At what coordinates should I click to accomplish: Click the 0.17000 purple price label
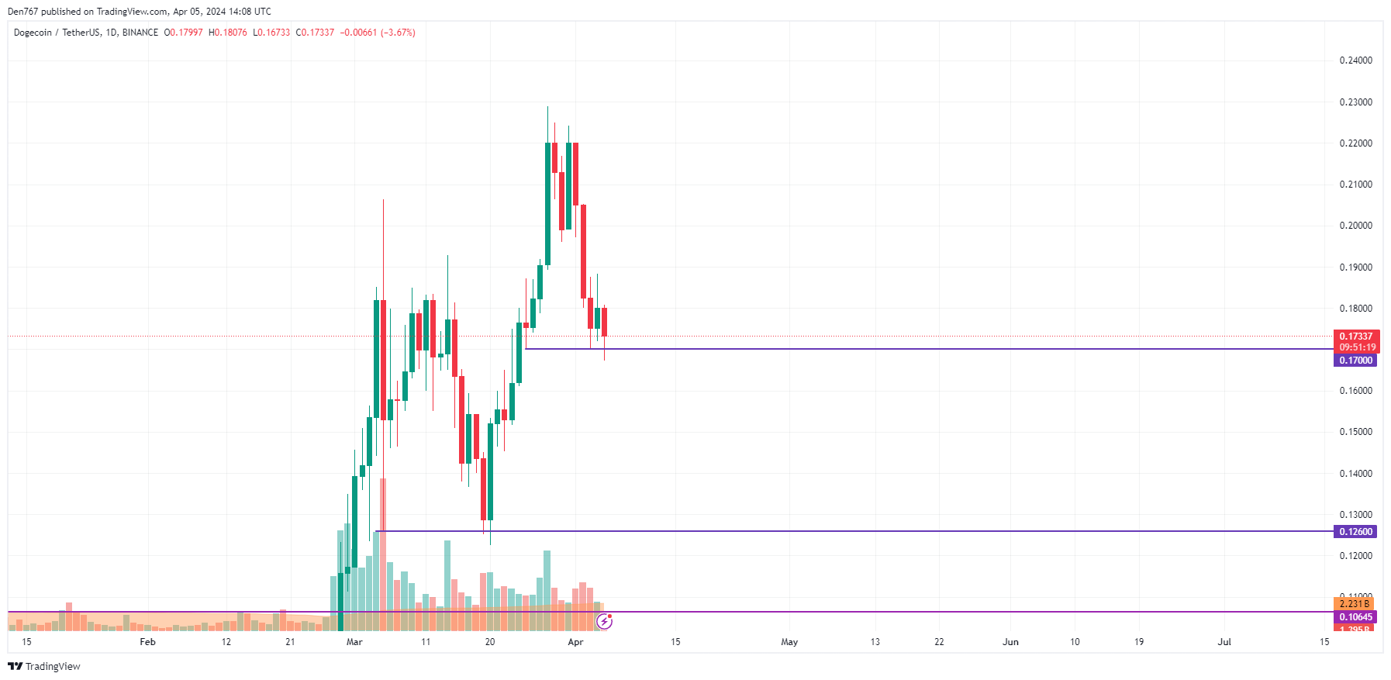(1355, 361)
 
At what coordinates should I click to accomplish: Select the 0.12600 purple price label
(1355, 532)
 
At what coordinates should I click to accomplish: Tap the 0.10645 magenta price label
(1355, 617)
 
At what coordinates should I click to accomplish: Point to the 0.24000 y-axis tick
(1355, 60)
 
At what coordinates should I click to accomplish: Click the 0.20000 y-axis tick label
(1355, 226)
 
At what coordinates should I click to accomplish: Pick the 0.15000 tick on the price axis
(1355, 432)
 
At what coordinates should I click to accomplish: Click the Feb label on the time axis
(147, 642)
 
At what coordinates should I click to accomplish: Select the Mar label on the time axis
(354, 642)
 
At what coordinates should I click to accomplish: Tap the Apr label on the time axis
(575, 642)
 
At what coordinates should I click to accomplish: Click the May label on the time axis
(789, 642)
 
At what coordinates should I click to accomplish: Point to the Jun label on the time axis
(1010, 642)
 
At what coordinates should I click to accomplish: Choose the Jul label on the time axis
(1224, 642)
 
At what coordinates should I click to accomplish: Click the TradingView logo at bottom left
(44, 666)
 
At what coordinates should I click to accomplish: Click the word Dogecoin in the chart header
(33, 33)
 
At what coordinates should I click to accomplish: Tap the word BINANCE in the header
(140, 33)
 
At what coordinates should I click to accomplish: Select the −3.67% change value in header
(398, 33)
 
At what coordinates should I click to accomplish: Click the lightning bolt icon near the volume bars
(605, 621)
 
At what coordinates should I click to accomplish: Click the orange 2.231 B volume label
(1354, 604)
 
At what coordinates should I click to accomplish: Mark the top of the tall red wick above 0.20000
(383, 200)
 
